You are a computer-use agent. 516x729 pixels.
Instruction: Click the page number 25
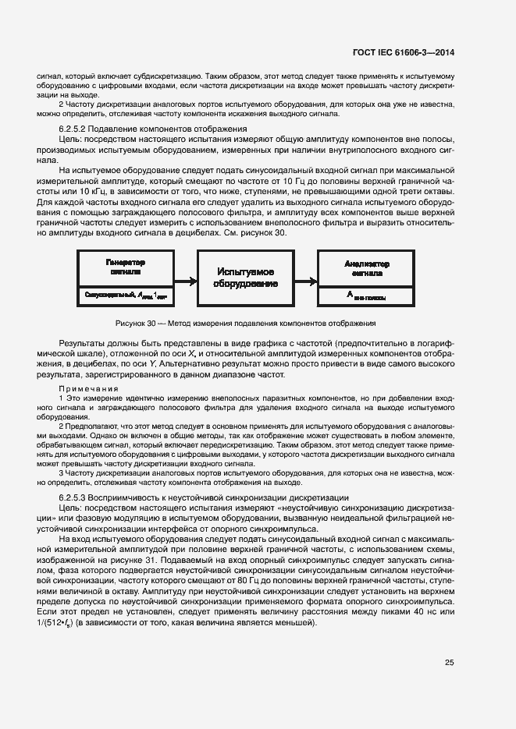[x=449, y=663]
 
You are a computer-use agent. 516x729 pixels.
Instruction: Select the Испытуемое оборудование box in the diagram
[x=244, y=278]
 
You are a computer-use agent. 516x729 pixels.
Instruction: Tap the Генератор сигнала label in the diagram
[x=126, y=268]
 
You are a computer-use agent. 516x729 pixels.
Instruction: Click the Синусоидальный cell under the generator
[x=126, y=295]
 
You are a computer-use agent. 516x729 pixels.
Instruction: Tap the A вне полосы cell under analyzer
[x=366, y=295]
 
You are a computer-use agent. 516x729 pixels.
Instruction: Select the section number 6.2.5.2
[x=77, y=128]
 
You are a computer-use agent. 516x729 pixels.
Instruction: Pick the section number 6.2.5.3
[x=77, y=497]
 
